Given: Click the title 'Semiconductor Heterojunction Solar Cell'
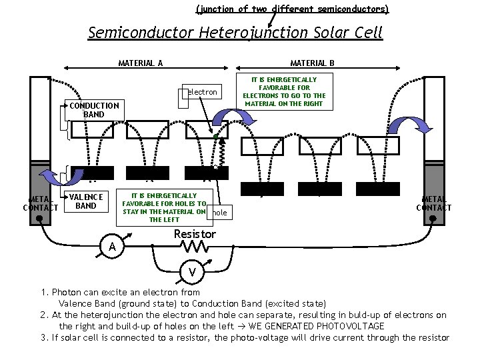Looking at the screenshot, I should [235, 33].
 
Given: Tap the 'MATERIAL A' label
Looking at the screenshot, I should [141, 63].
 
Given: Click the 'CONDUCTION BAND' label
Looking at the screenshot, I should [95, 110].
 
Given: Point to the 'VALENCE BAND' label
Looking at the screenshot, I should [86, 201].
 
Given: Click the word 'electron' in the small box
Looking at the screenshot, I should [203, 92].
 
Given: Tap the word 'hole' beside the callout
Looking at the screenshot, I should [219, 213].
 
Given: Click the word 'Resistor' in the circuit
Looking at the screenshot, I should [195, 234].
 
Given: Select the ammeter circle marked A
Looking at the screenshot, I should [113, 247].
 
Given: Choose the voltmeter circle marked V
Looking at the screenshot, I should [192, 272].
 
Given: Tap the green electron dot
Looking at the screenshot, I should [216, 137].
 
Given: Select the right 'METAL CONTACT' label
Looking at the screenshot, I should [434, 203].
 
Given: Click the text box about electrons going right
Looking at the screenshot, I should [284, 92].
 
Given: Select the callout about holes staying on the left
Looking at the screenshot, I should [164, 207].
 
